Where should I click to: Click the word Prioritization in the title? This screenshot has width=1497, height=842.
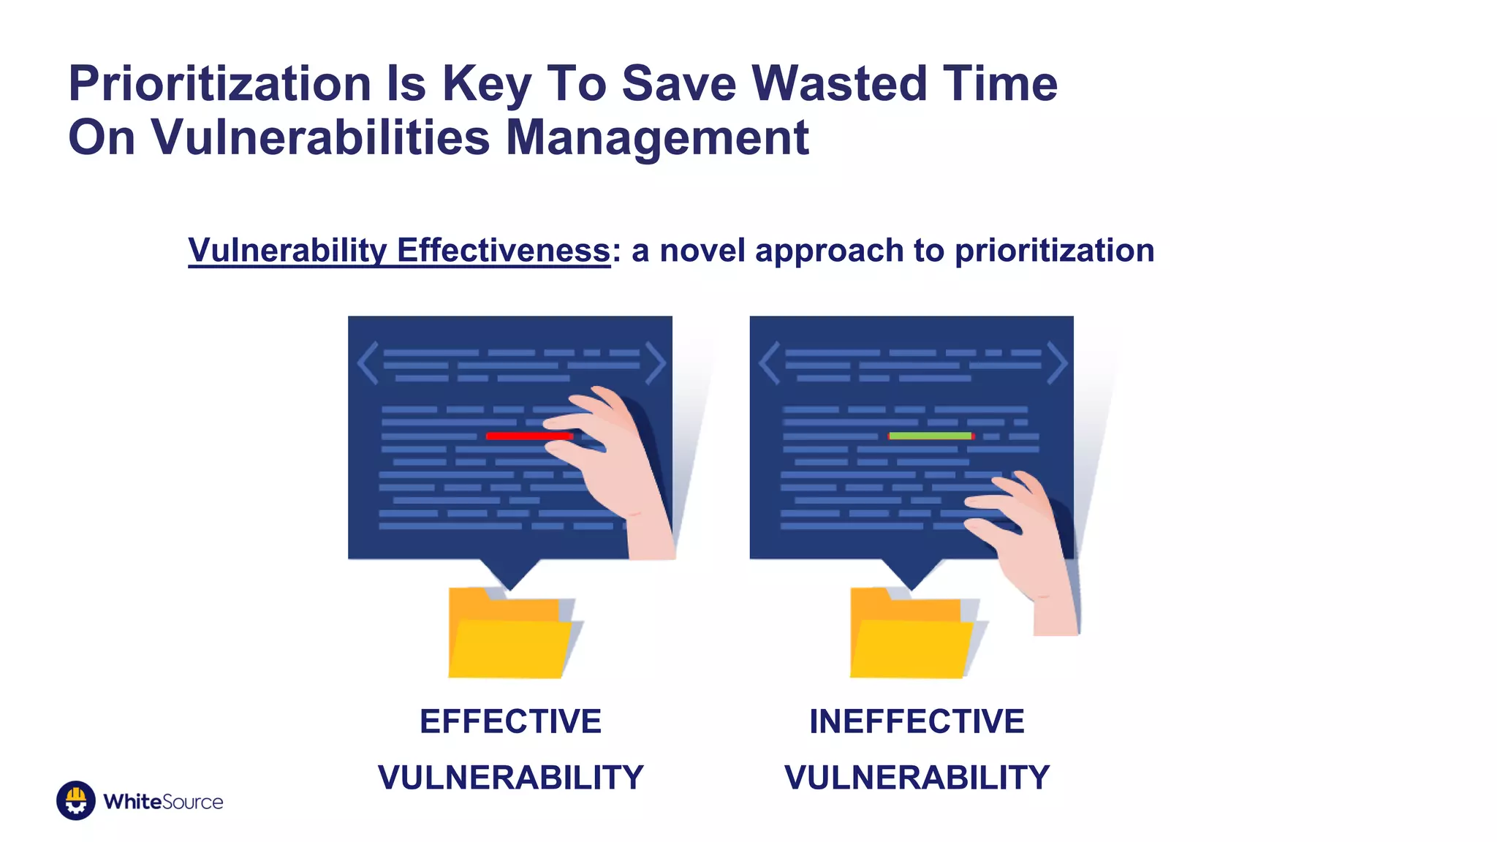point(219,84)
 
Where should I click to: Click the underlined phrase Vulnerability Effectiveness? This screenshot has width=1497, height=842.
point(399,251)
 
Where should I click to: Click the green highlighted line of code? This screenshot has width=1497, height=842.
point(930,436)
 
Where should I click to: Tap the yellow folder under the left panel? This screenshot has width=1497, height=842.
point(509,636)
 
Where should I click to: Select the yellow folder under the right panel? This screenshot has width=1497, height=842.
point(911,636)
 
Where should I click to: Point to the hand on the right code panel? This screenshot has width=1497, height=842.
point(1031,541)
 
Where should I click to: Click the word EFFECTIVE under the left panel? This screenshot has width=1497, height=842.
point(510,721)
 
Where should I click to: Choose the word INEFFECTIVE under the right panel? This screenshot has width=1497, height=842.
point(917,721)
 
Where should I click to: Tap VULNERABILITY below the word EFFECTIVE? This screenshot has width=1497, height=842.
point(510,777)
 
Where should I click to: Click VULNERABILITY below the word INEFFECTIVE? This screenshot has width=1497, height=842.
point(917,777)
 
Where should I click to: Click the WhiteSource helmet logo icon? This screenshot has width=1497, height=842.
point(76,800)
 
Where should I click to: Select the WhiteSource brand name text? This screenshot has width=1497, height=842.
point(163,802)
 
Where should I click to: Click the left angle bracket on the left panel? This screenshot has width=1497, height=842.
point(368,363)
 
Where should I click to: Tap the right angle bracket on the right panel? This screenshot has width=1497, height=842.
point(1057,363)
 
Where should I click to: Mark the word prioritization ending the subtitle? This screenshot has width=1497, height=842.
point(1054,251)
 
